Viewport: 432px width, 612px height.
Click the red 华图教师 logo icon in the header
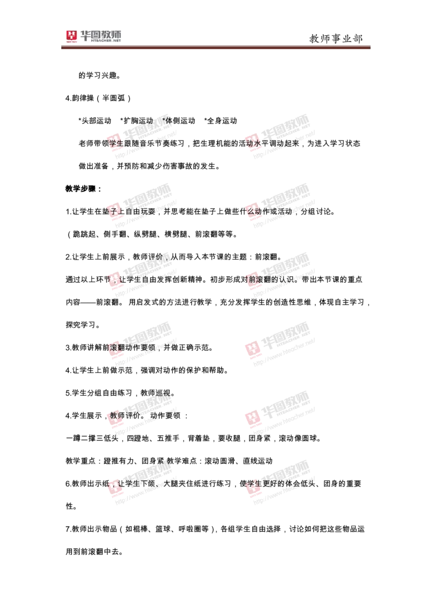pos(72,36)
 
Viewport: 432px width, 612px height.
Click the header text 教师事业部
pos(336,38)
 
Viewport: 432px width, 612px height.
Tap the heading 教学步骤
pos(80,189)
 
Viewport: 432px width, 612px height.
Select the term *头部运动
pos(95,121)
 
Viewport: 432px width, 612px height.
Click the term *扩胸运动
pos(137,121)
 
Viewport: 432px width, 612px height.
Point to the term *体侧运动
pos(179,121)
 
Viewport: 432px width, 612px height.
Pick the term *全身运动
pos(221,121)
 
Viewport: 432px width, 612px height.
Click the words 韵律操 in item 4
pos(83,98)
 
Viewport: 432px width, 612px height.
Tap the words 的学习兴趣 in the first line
pos(98,75)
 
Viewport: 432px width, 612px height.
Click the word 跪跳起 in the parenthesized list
pos(84,234)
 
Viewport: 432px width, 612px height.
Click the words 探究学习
pos(80,325)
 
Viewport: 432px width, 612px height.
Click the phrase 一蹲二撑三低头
pos(92,438)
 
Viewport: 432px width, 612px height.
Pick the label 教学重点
pos(80,461)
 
